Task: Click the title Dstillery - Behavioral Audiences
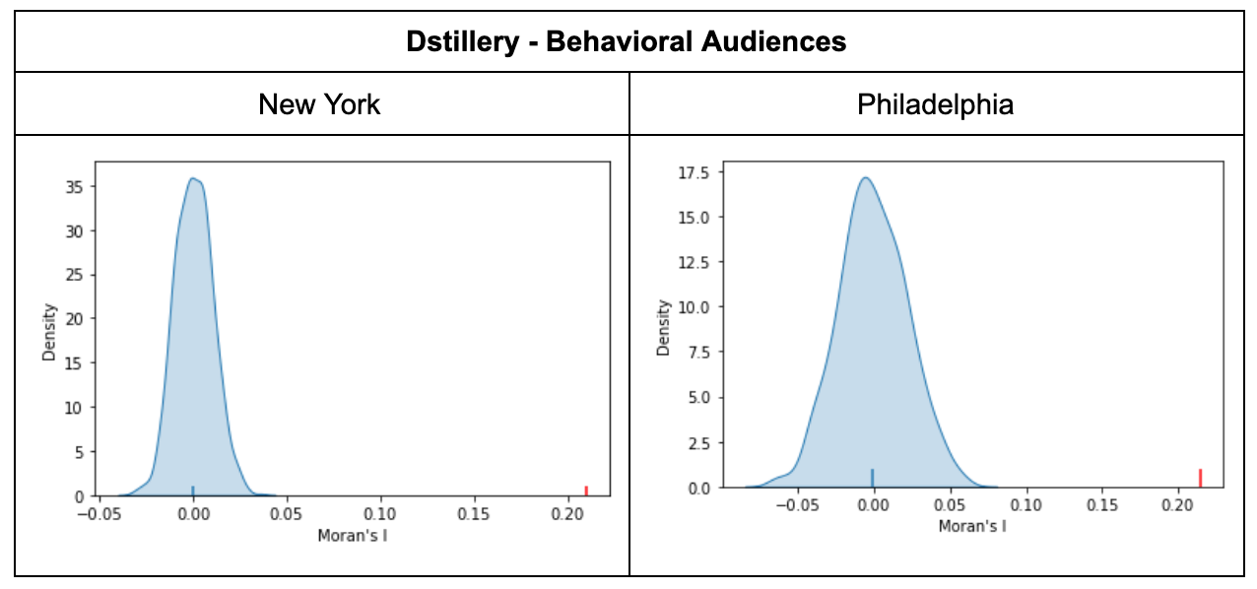[x=628, y=42]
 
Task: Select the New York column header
[x=319, y=104]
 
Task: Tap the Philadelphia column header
[x=935, y=104]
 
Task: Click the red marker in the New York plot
[x=586, y=491]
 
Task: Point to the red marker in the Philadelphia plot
[x=1200, y=478]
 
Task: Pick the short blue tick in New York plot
[x=193, y=491]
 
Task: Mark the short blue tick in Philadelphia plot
[x=872, y=479]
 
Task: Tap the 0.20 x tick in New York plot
[x=567, y=514]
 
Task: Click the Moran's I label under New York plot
[x=352, y=536]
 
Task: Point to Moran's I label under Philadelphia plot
[x=971, y=526]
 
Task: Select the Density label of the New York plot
[x=49, y=333]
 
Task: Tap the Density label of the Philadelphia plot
[x=665, y=326]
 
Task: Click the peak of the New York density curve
[x=193, y=178]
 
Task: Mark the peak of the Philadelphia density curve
[x=866, y=178]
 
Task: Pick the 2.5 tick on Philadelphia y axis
[x=698, y=443]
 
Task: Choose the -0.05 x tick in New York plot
[x=99, y=514]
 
